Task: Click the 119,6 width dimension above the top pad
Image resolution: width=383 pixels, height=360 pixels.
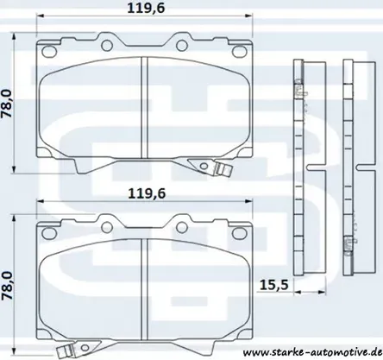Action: tap(146, 8)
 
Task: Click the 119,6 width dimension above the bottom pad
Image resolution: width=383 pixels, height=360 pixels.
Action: tap(147, 193)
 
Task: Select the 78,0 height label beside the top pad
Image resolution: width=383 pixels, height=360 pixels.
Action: tap(7, 104)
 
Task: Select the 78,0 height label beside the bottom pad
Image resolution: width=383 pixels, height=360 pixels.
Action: tap(7, 286)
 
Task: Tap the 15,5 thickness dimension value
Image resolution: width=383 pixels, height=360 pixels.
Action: tap(273, 285)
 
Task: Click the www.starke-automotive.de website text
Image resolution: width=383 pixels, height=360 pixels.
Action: tap(312, 352)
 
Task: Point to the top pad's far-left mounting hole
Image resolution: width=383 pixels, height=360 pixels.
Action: tap(48, 51)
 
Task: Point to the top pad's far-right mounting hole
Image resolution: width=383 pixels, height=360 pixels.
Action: tap(240, 51)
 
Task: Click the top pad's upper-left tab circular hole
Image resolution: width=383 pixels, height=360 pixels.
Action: tap(107, 45)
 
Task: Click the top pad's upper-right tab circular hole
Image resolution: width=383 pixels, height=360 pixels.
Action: tap(181, 45)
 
